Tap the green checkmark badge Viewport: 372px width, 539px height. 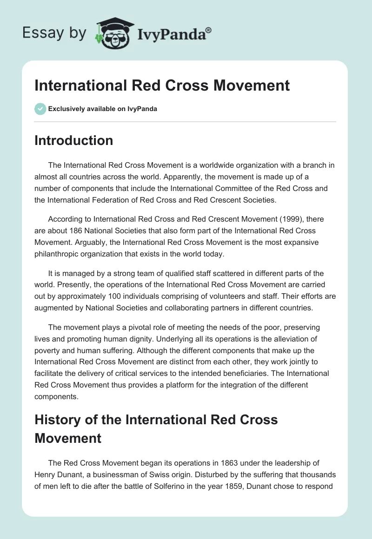pyautogui.click(x=40, y=109)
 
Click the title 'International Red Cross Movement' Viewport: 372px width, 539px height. pyautogui.click(x=162, y=85)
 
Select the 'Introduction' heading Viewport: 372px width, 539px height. pyautogui.click(x=73, y=140)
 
